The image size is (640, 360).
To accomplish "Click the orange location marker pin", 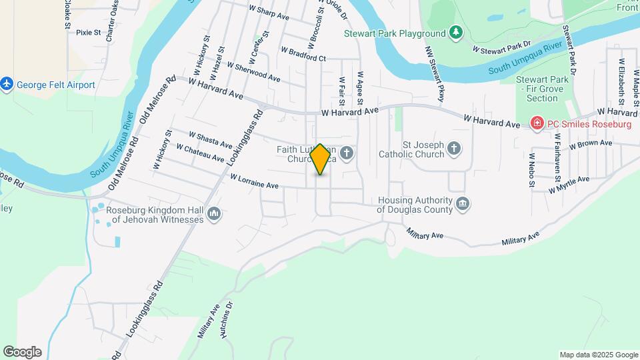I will [x=321, y=159].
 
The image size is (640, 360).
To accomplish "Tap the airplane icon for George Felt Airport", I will [x=7, y=85].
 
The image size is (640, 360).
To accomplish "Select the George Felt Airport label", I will [x=56, y=85].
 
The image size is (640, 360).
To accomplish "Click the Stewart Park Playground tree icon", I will [x=456, y=33].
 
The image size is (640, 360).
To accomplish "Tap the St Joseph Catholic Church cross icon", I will [x=454, y=148].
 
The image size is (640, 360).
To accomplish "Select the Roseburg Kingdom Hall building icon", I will [x=214, y=213].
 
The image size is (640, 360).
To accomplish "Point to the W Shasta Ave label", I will [x=210, y=140].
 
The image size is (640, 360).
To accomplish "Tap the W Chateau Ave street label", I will [x=200, y=153].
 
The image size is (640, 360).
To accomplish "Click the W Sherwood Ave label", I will [x=253, y=71].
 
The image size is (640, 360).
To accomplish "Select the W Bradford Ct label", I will [x=303, y=54].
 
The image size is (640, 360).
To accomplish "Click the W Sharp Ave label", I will [x=269, y=12].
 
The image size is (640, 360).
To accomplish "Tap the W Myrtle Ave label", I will [x=569, y=185].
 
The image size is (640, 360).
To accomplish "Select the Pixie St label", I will [x=88, y=32].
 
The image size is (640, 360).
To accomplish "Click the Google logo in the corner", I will [x=22, y=352].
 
